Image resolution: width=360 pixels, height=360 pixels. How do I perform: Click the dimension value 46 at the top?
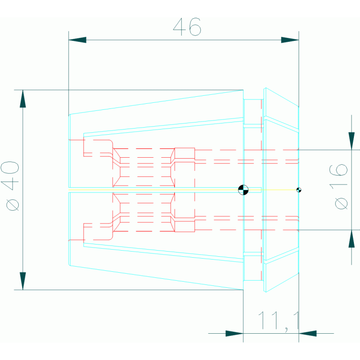point(187,27)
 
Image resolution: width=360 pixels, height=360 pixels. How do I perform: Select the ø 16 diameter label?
point(338,187)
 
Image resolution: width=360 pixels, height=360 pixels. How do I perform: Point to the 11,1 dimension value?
point(279,321)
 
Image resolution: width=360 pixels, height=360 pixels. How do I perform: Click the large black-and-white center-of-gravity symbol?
point(243,190)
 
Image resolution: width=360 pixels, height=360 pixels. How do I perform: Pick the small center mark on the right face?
point(299,190)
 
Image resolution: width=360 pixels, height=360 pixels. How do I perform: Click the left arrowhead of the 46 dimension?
point(77,40)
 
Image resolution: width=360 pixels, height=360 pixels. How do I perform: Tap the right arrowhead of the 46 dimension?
point(290,40)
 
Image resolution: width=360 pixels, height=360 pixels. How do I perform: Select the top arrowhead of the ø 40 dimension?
point(23,99)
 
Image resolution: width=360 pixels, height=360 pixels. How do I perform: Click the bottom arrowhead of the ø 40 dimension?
point(23,281)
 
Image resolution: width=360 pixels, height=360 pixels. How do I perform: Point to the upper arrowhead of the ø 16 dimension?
point(352,141)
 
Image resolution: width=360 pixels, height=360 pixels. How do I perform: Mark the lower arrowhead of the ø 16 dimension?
point(352,239)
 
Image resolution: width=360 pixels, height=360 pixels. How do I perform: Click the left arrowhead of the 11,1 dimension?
point(234,333)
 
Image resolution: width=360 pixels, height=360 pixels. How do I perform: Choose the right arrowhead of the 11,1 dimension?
point(307,333)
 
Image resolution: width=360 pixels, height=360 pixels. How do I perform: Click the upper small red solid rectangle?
point(184,153)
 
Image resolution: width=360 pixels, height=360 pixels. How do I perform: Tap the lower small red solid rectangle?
point(184,226)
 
